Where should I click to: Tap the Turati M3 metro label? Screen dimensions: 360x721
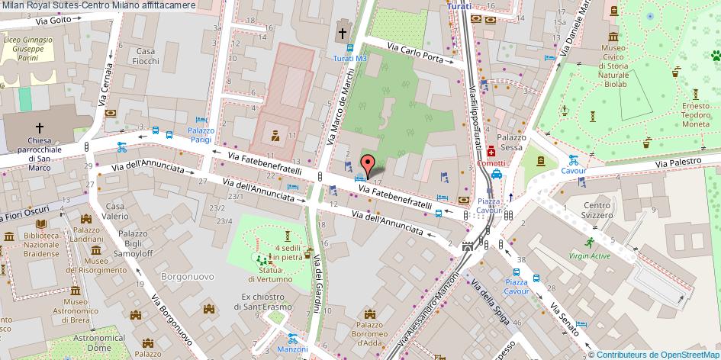350,58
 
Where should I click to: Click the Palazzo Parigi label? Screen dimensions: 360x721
201,135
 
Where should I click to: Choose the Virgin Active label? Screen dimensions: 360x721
588,256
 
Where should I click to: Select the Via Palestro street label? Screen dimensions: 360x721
681,162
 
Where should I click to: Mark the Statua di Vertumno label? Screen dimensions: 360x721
275,275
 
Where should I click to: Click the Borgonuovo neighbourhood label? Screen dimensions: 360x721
184,275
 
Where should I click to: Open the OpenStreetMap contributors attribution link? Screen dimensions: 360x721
658,354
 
